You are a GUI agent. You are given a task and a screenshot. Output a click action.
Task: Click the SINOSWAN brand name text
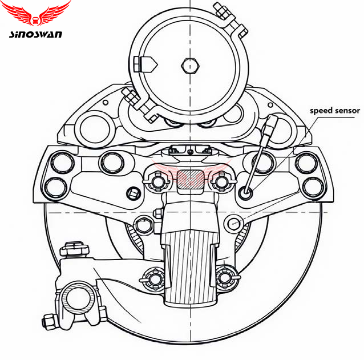click(35, 34)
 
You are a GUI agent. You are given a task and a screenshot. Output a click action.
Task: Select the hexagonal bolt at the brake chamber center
click(190, 66)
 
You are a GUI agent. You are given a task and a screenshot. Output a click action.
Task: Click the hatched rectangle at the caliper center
click(190, 179)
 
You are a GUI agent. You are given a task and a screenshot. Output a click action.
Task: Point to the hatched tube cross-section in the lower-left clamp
click(79, 297)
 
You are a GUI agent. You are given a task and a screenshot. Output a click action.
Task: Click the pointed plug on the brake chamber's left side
click(145, 64)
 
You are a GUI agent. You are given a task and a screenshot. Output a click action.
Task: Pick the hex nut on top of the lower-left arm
click(74, 249)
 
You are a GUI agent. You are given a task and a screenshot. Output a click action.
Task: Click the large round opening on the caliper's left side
click(95, 130)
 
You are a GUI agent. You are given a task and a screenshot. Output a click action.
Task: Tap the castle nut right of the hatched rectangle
click(221, 181)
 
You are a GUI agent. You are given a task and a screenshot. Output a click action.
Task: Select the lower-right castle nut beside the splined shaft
click(225, 277)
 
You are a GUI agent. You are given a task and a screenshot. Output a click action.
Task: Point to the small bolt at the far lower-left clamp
click(50, 321)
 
